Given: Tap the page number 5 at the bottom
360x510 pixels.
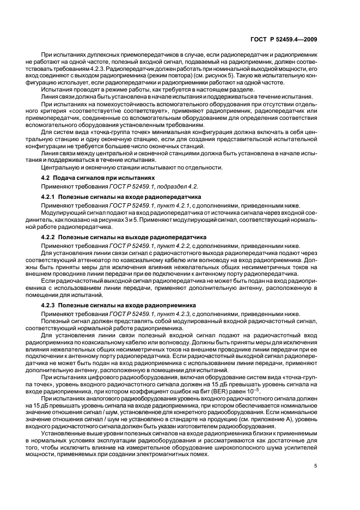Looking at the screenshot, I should click(316, 466).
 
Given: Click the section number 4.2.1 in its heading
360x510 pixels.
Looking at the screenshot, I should click(50, 196).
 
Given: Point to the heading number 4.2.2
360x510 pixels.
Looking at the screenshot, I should click(50, 238).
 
